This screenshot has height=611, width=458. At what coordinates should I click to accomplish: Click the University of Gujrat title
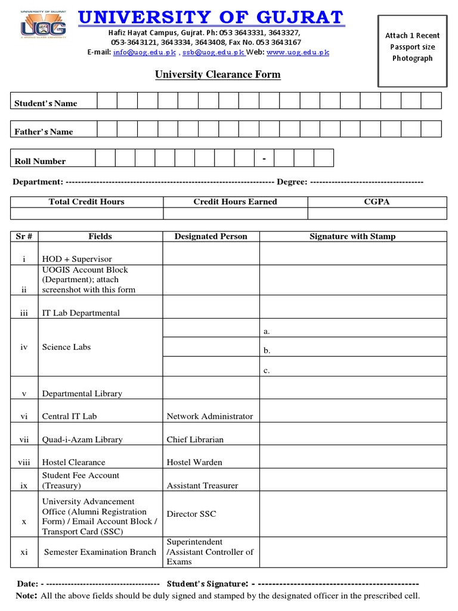coord(211,17)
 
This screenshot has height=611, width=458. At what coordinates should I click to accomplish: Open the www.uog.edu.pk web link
coord(298,53)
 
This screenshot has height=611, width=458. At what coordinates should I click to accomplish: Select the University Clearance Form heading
coord(218,75)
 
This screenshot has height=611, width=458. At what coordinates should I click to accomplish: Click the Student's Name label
coord(46,103)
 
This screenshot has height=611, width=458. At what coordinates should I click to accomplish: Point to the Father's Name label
coord(44,132)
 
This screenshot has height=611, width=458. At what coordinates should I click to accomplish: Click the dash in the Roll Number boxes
coord(264,158)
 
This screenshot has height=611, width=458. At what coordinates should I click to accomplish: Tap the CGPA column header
coord(376,202)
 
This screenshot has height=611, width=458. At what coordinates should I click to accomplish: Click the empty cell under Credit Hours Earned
coord(235,214)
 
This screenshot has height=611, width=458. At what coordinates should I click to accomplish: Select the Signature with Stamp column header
coord(352,236)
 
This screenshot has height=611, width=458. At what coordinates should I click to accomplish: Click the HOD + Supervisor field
coord(77,259)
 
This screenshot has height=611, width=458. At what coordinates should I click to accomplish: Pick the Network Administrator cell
coord(210,416)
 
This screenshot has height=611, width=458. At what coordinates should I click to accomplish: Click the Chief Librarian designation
coord(195,440)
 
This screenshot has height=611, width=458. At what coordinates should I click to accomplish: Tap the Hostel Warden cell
coord(194,462)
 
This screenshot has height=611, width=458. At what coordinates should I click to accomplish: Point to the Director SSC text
coord(191,514)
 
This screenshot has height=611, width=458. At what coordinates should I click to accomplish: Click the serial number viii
coord(24,462)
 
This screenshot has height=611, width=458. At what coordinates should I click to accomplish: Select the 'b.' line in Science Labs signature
coord(267,351)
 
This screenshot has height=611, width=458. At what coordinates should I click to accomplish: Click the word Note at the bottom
coord(26,595)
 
